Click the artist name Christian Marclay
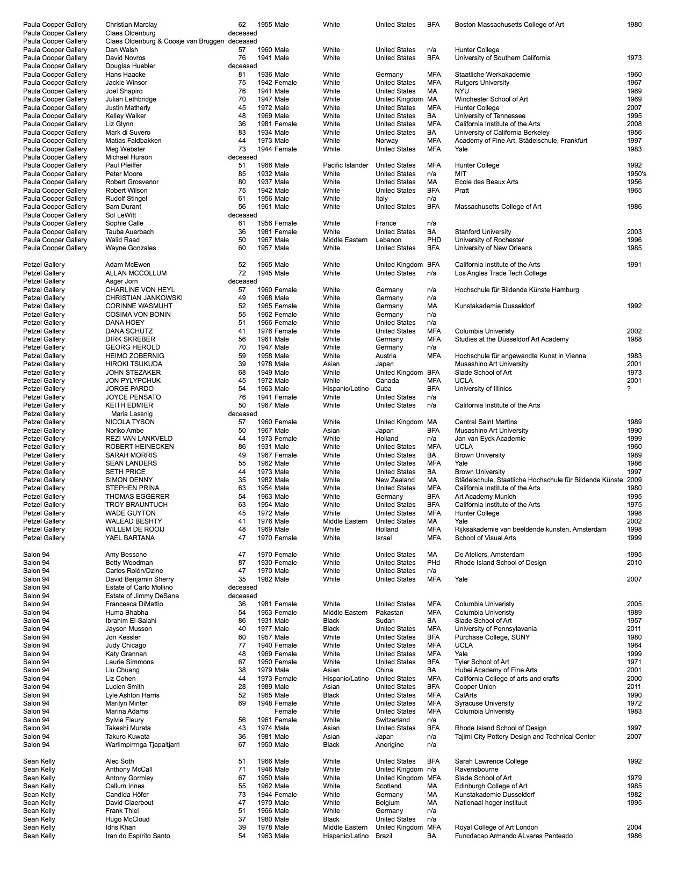point(131,25)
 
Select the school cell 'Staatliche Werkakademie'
point(492,75)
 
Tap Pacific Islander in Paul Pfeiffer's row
point(345,165)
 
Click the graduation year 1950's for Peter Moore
point(636,174)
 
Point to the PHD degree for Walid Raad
point(434,240)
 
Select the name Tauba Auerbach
point(129,232)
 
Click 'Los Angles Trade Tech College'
point(500,273)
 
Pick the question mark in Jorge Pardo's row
point(629,389)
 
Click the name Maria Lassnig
point(132,414)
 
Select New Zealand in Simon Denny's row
point(395,480)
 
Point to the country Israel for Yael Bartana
point(384,538)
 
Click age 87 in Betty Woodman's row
point(242,563)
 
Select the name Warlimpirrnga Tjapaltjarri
point(142,745)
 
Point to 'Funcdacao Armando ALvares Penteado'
point(514,836)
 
